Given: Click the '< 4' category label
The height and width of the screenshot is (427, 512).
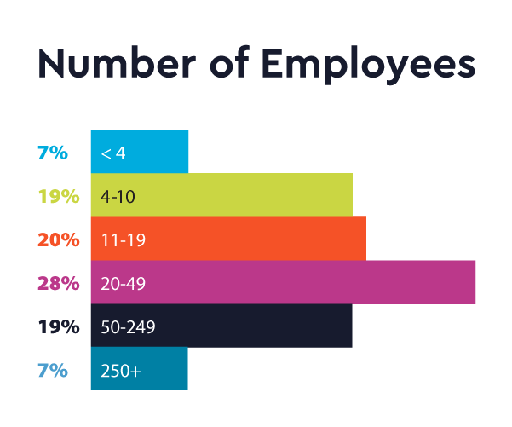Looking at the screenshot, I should pyautogui.click(x=113, y=153).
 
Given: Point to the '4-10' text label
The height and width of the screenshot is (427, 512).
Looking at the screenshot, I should pyautogui.click(x=118, y=197).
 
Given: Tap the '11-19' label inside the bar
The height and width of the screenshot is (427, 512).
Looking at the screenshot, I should pyautogui.click(x=123, y=240).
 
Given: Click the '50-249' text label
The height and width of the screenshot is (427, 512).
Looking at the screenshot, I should pyautogui.click(x=128, y=327).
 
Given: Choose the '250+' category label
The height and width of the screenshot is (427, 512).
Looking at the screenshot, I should pyautogui.click(x=120, y=371).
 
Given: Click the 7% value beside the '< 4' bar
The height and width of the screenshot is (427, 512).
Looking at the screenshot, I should pyautogui.click(x=52, y=153).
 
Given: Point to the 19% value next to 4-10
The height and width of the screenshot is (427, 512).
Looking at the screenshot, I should pyautogui.click(x=59, y=197).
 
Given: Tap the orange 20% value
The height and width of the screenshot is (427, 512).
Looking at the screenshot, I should pyautogui.click(x=58, y=240).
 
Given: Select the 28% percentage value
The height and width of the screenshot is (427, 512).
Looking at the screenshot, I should pyautogui.click(x=58, y=284).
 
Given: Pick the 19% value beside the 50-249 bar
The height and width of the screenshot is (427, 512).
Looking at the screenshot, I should pyautogui.click(x=59, y=327).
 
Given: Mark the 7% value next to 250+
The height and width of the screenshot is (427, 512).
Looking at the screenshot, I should pyautogui.click(x=52, y=371).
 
